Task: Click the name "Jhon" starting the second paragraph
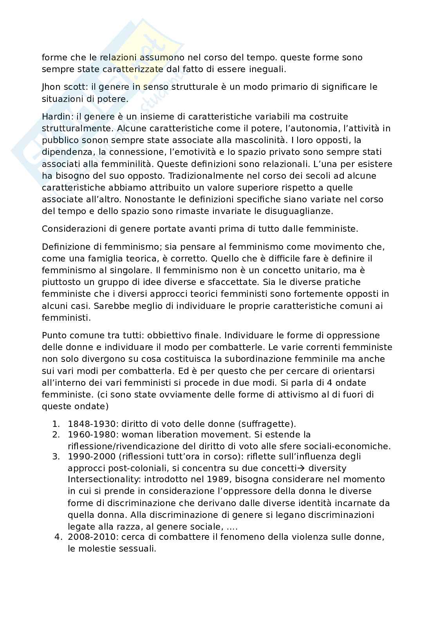click(51, 87)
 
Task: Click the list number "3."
click(56, 456)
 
